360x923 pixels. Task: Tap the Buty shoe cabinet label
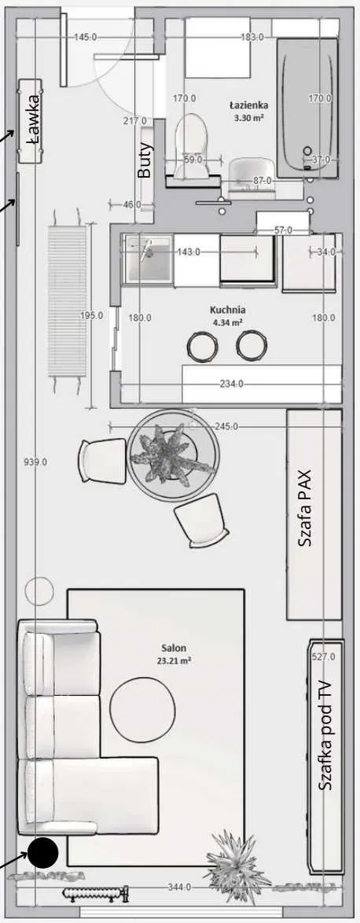(144, 160)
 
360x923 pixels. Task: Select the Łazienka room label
(249, 105)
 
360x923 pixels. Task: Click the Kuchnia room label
(228, 310)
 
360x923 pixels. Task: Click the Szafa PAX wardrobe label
(305, 508)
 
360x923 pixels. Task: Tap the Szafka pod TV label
(324, 736)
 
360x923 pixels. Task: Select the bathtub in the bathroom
(307, 108)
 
